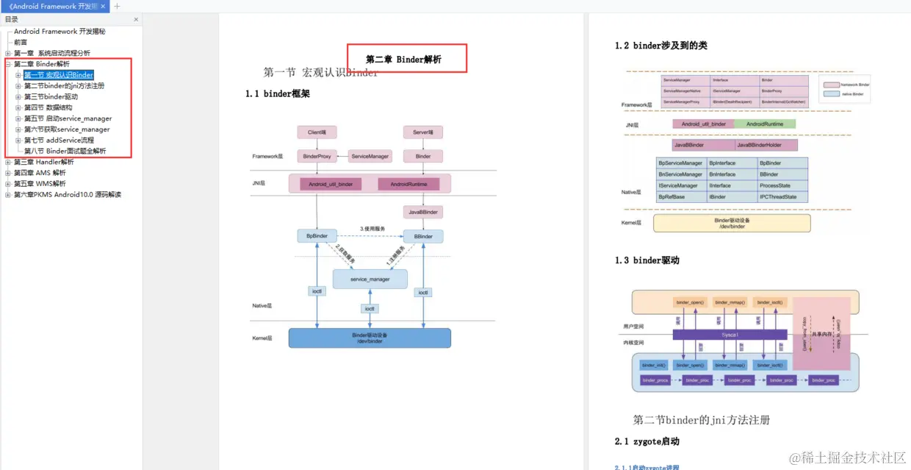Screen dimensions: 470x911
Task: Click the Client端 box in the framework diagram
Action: (x=317, y=132)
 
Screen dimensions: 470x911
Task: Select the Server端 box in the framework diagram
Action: (x=422, y=132)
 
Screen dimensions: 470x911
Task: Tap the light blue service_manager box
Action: (x=370, y=279)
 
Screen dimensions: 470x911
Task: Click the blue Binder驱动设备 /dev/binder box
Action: (x=369, y=338)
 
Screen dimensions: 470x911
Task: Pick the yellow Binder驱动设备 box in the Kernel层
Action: (x=732, y=223)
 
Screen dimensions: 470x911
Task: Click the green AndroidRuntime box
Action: (x=765, y=124)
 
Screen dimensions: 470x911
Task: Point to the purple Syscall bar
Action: (x=730, y=334)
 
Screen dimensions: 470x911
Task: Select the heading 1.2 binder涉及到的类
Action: (x=660, y=46)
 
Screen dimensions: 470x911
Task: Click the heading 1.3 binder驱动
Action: (x=647, y=260)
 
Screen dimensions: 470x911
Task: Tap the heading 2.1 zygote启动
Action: (x=647, y=441)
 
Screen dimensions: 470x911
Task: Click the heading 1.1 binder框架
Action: (x=277, y=93)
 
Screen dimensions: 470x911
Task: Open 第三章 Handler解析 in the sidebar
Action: (x=44, y=162)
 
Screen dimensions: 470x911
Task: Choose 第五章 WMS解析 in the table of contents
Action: (x=40, y=184)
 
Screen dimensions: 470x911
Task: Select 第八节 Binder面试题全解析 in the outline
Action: (x=65, y=151)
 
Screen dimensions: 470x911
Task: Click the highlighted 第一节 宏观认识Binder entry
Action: (x=59, y=75)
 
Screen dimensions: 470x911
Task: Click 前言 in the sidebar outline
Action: (x=21, y=42)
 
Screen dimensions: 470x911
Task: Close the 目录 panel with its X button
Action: (x=136, y=20)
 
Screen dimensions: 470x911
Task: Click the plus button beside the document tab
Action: (x=117, y=7)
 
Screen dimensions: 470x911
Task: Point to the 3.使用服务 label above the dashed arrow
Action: (x=372, y=229)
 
